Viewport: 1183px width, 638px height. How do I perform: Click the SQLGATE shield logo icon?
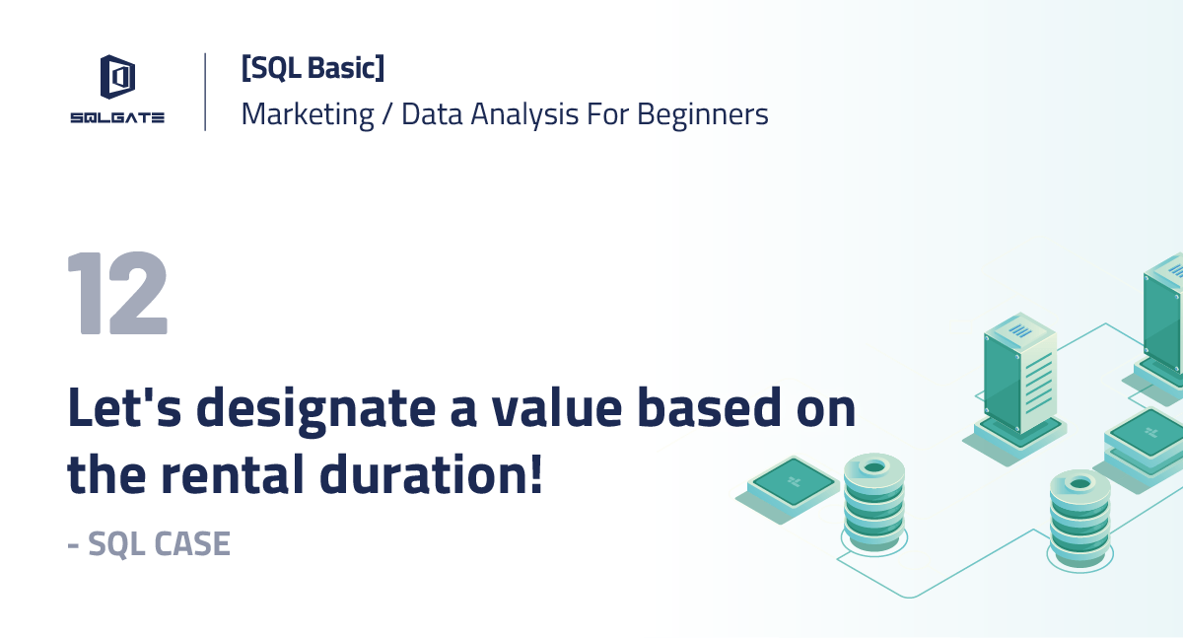point(117,78)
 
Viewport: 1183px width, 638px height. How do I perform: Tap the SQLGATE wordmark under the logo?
point(117,117)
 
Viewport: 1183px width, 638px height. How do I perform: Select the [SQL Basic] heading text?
point(313,68)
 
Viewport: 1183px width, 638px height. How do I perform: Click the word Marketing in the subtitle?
point(308,114)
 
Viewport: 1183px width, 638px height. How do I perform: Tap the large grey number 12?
point(117,294)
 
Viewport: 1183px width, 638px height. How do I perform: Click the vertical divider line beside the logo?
point(205,92)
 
